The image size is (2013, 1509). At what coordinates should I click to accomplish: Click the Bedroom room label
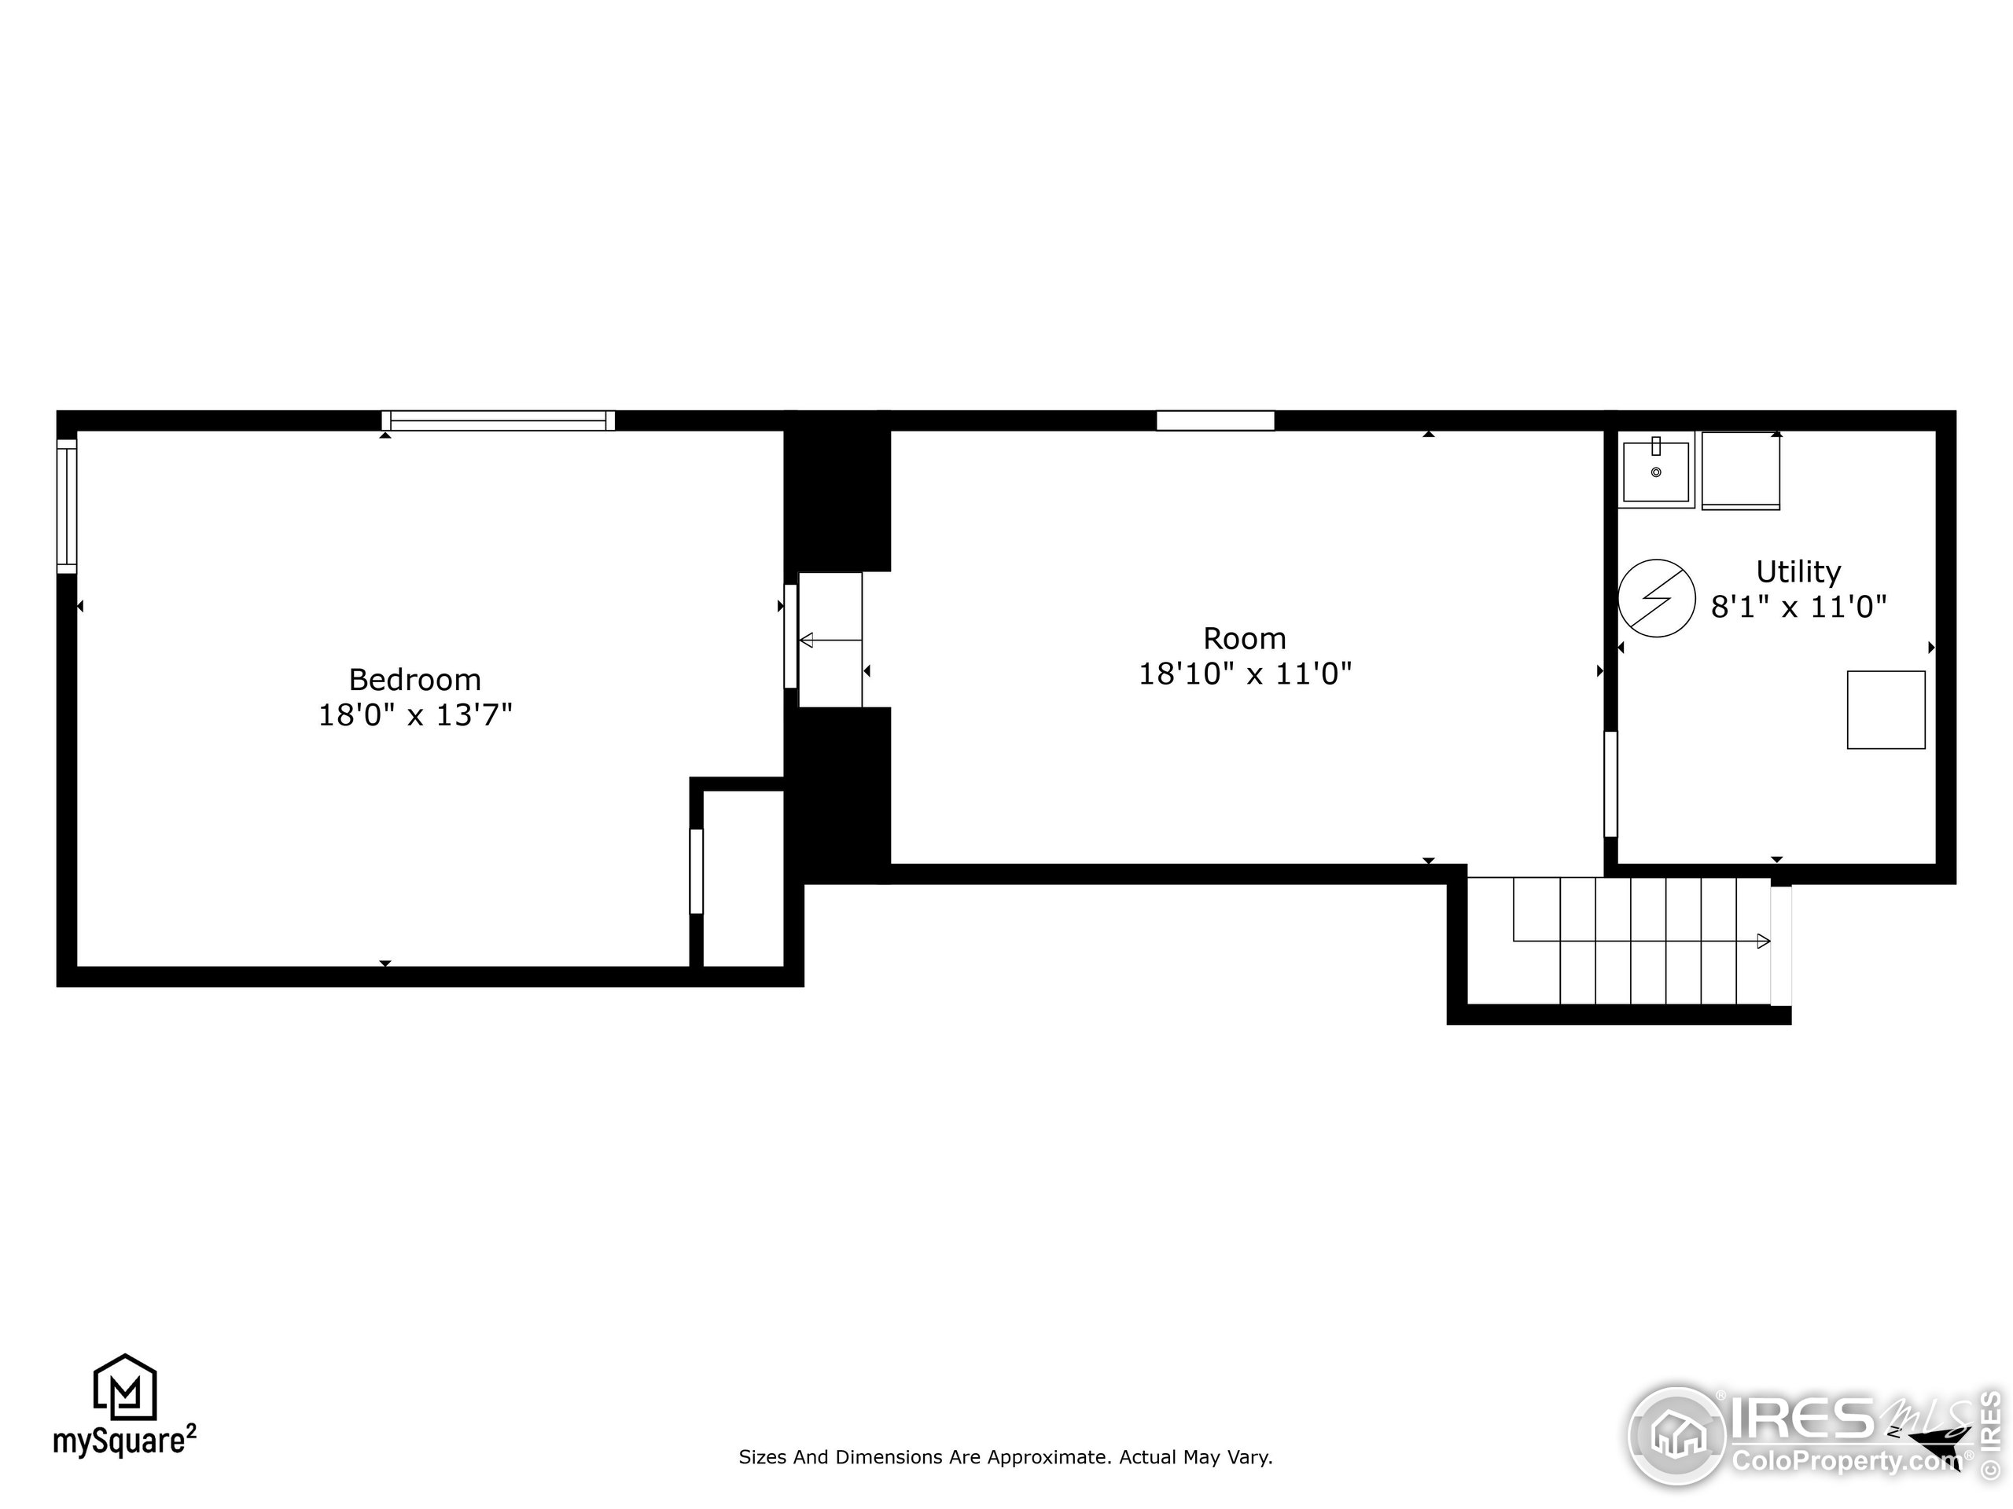click(x=415, y=680)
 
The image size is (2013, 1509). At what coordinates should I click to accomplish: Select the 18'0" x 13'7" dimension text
click(x=415, y=715)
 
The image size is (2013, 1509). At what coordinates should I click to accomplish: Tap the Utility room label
click(x=1798, y=572)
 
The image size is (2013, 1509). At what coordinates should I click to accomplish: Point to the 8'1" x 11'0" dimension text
click(x=1798, y=607)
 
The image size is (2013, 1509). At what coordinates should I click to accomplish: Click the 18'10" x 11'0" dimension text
click(x=1245, y=674)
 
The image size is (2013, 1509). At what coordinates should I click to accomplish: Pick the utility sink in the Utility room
click(x=1656, y=470)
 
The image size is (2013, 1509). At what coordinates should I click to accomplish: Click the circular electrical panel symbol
click(x=1657, y=597)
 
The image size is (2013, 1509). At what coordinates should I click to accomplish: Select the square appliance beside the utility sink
click(x=1740, y=470)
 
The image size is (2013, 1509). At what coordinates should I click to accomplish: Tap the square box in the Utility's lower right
click(x=1886, y=710)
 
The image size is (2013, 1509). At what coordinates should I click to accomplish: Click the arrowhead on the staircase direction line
click(x=1763, y=942)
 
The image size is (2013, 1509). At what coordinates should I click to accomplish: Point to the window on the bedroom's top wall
click(x=498, y=420)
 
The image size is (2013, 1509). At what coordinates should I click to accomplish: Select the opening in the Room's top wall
click(x=1215, y=420)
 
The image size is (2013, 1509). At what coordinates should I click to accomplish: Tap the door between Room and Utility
click(x=1610, y=784)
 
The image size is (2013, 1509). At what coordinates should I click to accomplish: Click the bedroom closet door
click(x=696, y=872)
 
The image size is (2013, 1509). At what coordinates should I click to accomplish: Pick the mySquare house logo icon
click(x=126, y=1386)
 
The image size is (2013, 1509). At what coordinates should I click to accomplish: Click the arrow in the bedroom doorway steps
click(x=830, y=641)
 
